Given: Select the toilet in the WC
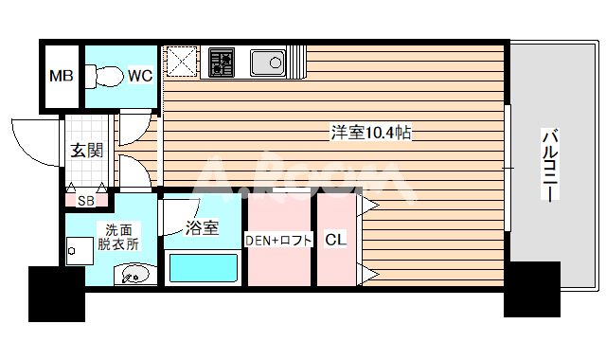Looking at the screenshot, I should point(103,75).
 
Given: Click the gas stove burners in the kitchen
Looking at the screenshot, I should point(221,63).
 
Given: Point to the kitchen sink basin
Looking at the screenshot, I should point(266,63).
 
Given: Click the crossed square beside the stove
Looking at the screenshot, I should point(182,63).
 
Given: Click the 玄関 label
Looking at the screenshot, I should point(85,150).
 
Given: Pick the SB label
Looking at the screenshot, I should point(85,201).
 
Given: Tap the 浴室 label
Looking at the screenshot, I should point(202,227).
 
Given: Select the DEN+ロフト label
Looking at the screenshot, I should point(279,240).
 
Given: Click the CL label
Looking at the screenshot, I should point(336,240).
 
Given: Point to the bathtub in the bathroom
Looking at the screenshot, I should point(202,268).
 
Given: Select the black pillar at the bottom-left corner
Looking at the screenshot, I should point(56,293).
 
